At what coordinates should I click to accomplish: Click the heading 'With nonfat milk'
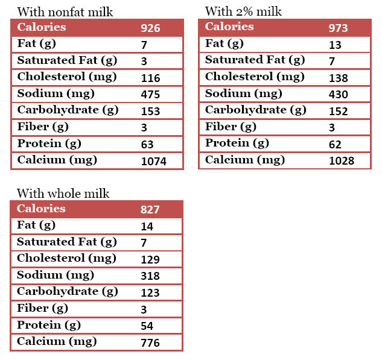pos(65,12)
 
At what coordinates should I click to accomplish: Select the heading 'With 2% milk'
pos(243,11)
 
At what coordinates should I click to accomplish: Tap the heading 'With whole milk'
pos(63,194)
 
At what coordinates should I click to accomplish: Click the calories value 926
pos(150,28)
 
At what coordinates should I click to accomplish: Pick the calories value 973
pos(338,28)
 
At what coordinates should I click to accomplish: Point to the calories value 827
pos(150,210)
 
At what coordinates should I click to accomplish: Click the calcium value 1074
pos(153,161)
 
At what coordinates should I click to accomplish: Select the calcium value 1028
pos(341,161)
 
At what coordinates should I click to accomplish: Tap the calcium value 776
pos(150,343)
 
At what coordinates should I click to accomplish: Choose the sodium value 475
pos(150,95)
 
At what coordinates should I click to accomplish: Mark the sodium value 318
pos(150,276)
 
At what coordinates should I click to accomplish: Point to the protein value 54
pos(147,326)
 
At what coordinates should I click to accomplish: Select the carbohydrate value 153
pos(150,112)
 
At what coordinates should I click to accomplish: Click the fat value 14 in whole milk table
pos(147,227)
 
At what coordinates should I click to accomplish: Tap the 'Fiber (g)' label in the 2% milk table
pos(231,127)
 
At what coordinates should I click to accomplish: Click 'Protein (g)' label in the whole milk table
pos(49,325)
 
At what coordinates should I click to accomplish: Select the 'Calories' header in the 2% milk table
pos(229,27)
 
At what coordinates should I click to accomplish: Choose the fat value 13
pos(335,45)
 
